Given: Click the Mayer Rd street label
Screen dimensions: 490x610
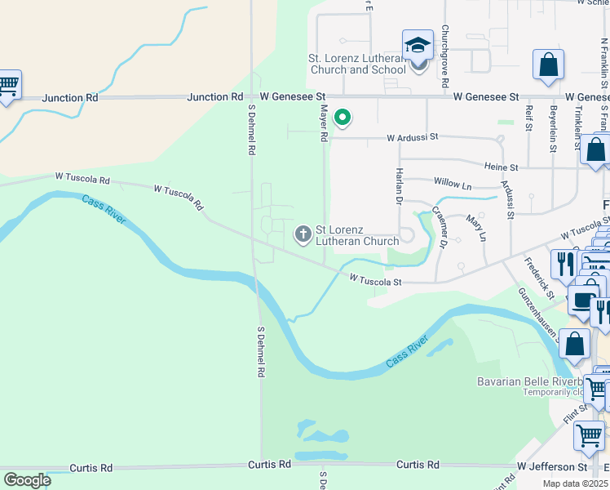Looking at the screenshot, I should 324,123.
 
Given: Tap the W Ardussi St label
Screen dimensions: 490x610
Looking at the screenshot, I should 413,137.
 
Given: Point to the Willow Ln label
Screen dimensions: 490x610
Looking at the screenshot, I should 453,185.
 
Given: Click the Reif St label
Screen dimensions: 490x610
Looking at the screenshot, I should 529,117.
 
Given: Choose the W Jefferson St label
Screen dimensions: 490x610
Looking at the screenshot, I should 552,467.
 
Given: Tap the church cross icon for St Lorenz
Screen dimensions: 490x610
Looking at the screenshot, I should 303,235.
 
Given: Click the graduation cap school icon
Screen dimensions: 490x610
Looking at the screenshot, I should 418,45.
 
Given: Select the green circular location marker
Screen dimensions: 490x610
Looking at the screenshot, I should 343,118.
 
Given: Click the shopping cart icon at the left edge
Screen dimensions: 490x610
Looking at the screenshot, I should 8,85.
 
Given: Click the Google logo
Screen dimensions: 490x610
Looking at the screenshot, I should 27,480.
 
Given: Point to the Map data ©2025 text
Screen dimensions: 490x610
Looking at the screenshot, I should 576,483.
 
